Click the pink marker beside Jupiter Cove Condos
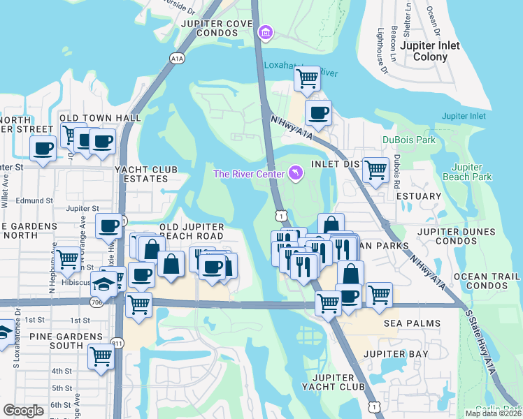point(265,32)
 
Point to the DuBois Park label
point(408,140)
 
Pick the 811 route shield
point(116,344)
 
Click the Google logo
point(23,411)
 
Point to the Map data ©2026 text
point(493,413)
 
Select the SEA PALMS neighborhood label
point(412,324)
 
